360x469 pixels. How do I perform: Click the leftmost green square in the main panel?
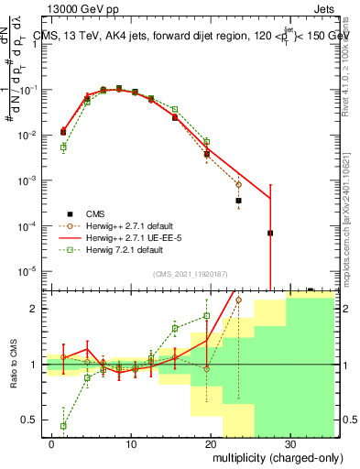tap(63, 147)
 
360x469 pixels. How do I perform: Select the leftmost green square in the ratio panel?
tap(63, 426)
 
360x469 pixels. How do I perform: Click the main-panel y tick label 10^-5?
tap(30, 270)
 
